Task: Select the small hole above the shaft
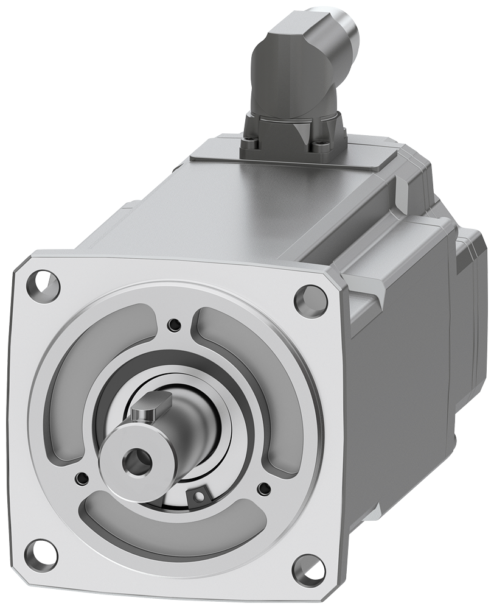(175, 323)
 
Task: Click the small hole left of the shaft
(81, 476)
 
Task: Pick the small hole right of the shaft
(263, 487)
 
